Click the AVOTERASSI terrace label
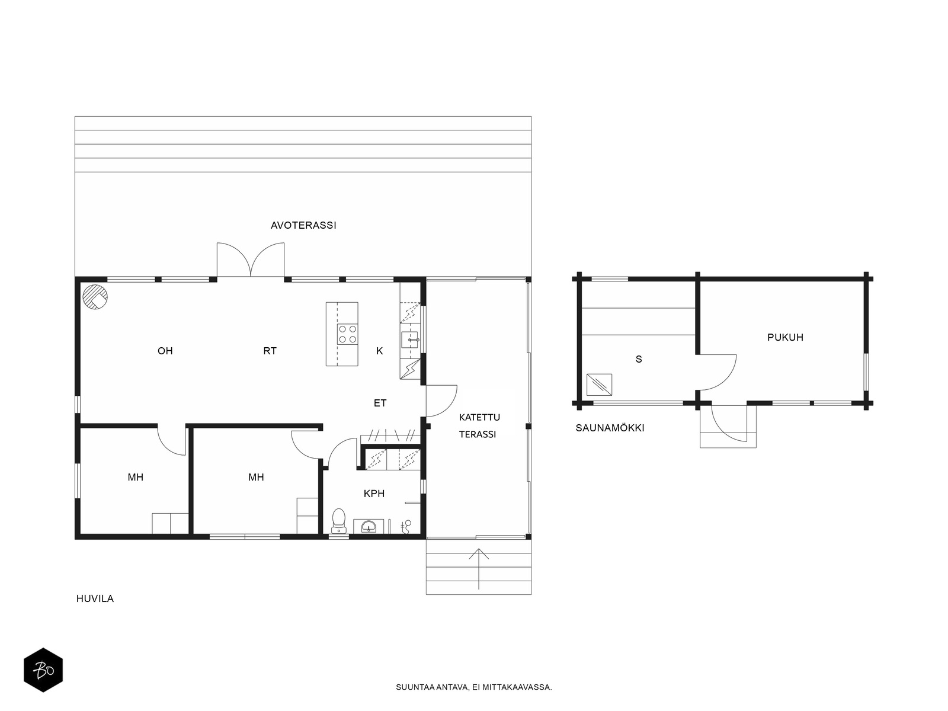[x=303, y=225]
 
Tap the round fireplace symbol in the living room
[x=95, y=297]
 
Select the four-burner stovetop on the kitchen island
[x=348, y=334]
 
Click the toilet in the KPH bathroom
[x=338, y=521]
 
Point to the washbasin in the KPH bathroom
[x=369, y=526]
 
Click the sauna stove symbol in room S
[x=599, y=385]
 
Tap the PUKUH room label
[x=785, y=338]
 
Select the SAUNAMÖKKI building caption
[x=610, y=428]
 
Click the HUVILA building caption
[x=95, y=599]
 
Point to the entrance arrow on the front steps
[x=479, y=569]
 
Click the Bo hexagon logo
[x=43, y=670]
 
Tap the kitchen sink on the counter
[x=409, y=340]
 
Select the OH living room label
[x=165, y=351]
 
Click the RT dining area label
[x=270, y=351]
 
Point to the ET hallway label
[x=380, y=403]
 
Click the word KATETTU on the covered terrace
[x=479, y=418]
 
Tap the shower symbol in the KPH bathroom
[x=406, y=526]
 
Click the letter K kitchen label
[x=380, y=351]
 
